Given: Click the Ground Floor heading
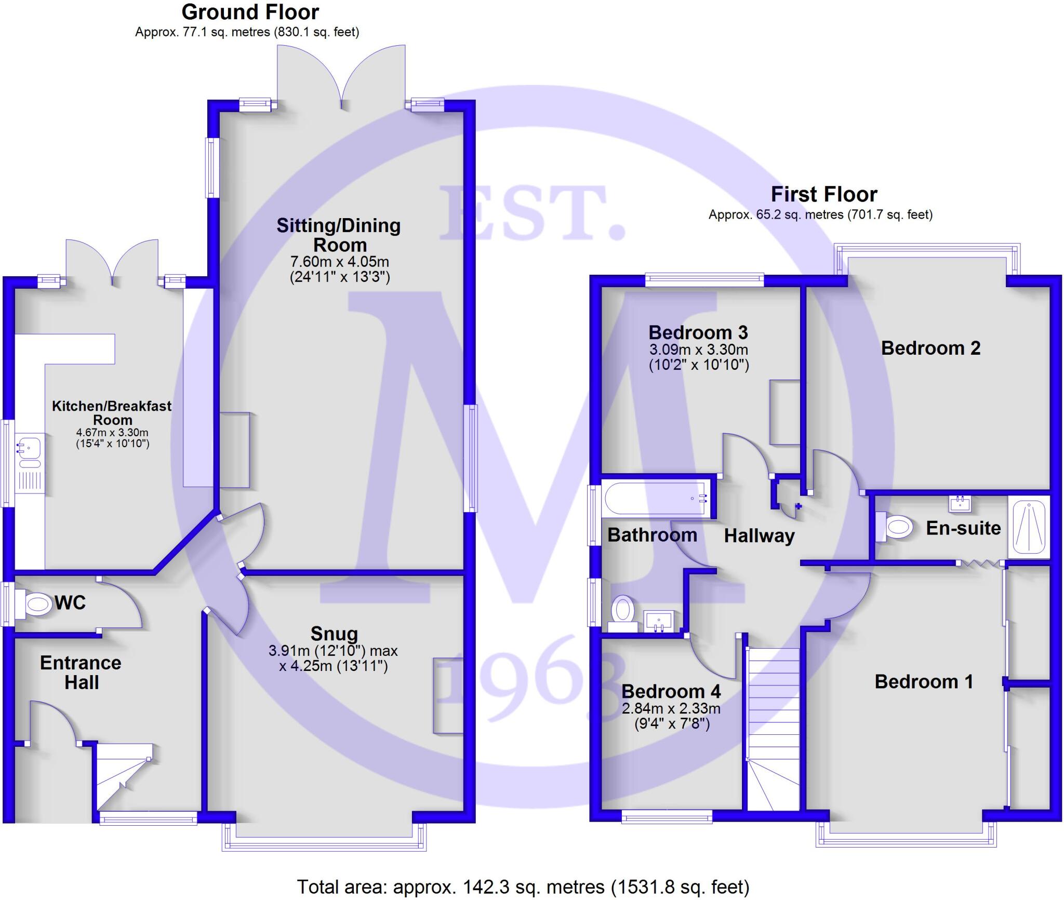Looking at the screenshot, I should [x=250, y=12].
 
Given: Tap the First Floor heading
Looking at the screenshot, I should [x=823, y=194].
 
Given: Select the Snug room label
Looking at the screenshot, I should [x=334, y=634].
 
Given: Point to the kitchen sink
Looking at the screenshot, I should [x=30, y=447].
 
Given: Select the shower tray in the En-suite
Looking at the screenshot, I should [x=1029, y=527].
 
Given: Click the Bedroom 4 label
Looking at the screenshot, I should [x=671, y=691].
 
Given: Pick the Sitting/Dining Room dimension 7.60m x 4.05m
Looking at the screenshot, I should [x=339, y=262].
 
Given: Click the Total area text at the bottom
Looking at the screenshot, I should [x=523, y=886].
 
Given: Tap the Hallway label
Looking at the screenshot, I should [x=759, y=536].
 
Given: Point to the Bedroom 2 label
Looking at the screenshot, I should [x=930, y=348].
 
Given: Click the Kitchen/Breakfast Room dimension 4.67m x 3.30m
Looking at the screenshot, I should [x=112, y=432].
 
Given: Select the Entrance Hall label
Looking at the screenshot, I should [x=81, y=673].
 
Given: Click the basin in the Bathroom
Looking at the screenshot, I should [x=659, y=620].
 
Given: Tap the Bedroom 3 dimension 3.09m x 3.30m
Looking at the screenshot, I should [x=698, y=350].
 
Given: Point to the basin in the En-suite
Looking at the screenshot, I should [x=959, y=503].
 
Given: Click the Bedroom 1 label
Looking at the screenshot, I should [x=924, y=682].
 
